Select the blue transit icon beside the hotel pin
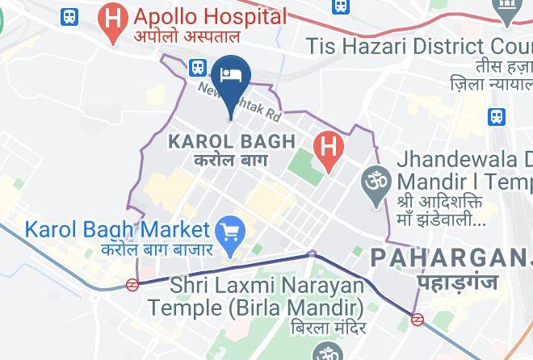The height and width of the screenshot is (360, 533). (x=197, y=68)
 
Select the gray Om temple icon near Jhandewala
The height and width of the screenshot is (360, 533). (x=374, y=177)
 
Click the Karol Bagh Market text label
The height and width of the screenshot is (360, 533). (x=117, y=229)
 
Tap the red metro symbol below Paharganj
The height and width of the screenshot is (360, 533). (x=418, y=319)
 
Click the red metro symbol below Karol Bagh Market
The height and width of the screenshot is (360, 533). (x=132, y=283)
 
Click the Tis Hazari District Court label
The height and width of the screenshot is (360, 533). (x=419, y=46)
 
